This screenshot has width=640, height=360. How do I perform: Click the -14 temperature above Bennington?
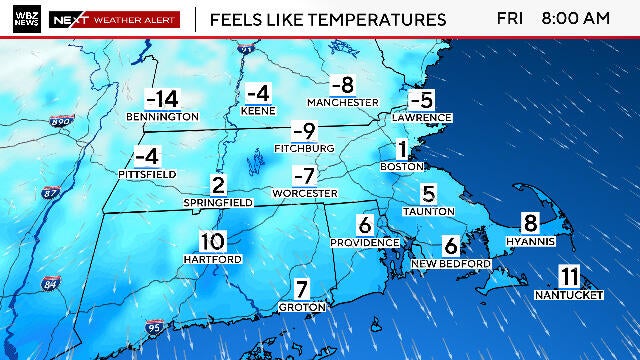click(x=161, y=99)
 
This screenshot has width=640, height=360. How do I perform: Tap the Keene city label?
click(x=258, y=110)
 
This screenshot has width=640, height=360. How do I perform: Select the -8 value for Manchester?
click(x=343, y=86)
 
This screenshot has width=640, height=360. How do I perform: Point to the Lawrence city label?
click(x=423, y=118)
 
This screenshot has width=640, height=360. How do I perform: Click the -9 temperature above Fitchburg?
click(x=304, y=131)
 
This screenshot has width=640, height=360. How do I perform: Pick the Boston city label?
click(x=402, y=166)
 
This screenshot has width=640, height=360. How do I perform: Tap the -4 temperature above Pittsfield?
click(x=147, y=156)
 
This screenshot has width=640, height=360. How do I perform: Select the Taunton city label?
click(x=428, y=211)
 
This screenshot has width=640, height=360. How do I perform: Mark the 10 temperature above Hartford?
click(x=211, y=241)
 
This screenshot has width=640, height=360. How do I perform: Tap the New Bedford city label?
click(x=451, y=263)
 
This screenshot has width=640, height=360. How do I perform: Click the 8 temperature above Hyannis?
click(x=530, y=224)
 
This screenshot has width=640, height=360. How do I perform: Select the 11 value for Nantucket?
click(x=570, y=277)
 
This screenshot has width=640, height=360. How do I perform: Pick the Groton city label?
click(x=302, y=306)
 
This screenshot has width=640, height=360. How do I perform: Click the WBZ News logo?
click(x=25, y=19)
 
